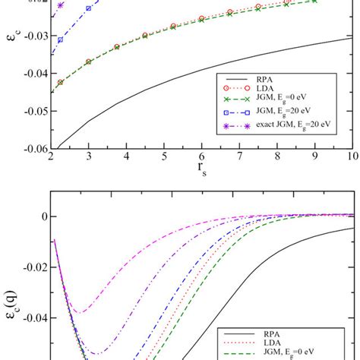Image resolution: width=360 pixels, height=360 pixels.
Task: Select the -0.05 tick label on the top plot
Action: click(33, 111)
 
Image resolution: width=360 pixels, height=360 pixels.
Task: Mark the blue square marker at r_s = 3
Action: click(89, 8)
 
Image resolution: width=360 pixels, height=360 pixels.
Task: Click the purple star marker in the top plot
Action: click(61, 5)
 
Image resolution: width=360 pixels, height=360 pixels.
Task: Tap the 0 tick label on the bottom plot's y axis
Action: click(42, 216)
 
